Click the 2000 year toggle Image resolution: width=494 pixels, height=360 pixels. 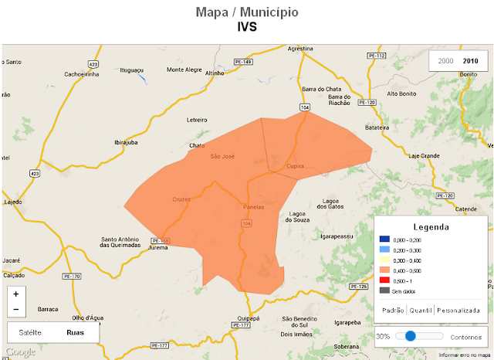[445, 60]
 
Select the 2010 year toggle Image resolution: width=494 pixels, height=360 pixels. [470, 60]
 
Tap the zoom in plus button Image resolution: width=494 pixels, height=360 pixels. [15, 294]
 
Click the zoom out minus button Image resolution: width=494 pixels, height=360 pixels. [15, 310]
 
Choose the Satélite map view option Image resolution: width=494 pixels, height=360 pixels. [29, 332]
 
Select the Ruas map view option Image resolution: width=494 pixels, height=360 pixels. [76, 332]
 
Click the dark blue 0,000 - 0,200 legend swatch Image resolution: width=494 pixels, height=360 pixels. [384, 241]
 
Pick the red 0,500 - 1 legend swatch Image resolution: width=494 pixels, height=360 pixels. [384, 281]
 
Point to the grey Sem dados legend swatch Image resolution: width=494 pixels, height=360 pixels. [384, 291]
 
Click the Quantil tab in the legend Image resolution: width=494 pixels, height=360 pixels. [421, 310]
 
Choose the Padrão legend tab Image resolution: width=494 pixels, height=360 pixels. [394, 310]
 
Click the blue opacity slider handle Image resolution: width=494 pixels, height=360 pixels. [411, 336]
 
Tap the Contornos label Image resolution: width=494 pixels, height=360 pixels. [465, 337]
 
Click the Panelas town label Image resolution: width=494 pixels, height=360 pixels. [254, 208]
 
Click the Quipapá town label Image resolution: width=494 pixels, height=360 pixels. [249, 317]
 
